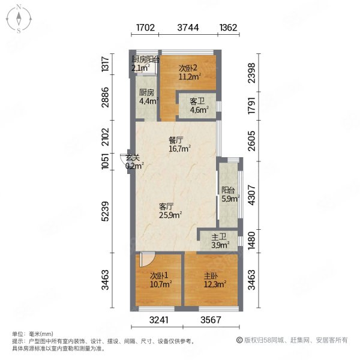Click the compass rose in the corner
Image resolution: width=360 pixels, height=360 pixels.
click(19, 19)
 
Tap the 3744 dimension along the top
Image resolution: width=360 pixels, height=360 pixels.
click(188, 28)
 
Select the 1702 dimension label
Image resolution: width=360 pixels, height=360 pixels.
click(145, 28)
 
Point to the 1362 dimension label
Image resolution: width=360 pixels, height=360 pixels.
click(228, 28)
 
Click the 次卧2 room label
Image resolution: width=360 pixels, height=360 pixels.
click(190, 73)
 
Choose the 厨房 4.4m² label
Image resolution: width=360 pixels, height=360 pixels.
click(149, 97)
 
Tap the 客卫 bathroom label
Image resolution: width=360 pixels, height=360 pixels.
click(199, 106)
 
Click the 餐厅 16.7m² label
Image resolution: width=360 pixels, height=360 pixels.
click(179, 145)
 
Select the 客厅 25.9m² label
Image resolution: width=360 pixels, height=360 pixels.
click(170, 211)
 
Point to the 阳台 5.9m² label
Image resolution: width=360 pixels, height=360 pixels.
click(230, 194)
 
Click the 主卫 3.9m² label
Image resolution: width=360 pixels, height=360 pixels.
click(220, 241)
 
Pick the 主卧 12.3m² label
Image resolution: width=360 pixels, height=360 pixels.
click(215, 280)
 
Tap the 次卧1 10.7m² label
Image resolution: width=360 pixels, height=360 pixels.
click(161, 280)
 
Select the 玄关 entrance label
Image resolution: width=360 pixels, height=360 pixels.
click(134, 161)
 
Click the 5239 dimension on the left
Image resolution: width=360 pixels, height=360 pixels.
click(106, 211)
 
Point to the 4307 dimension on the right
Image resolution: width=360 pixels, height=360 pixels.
click(251, 195)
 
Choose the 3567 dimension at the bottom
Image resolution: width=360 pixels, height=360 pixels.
click(211, 320)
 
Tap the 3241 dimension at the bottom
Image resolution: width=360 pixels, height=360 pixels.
click(159, 320)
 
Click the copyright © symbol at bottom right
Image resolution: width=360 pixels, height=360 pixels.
click(239, 340)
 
